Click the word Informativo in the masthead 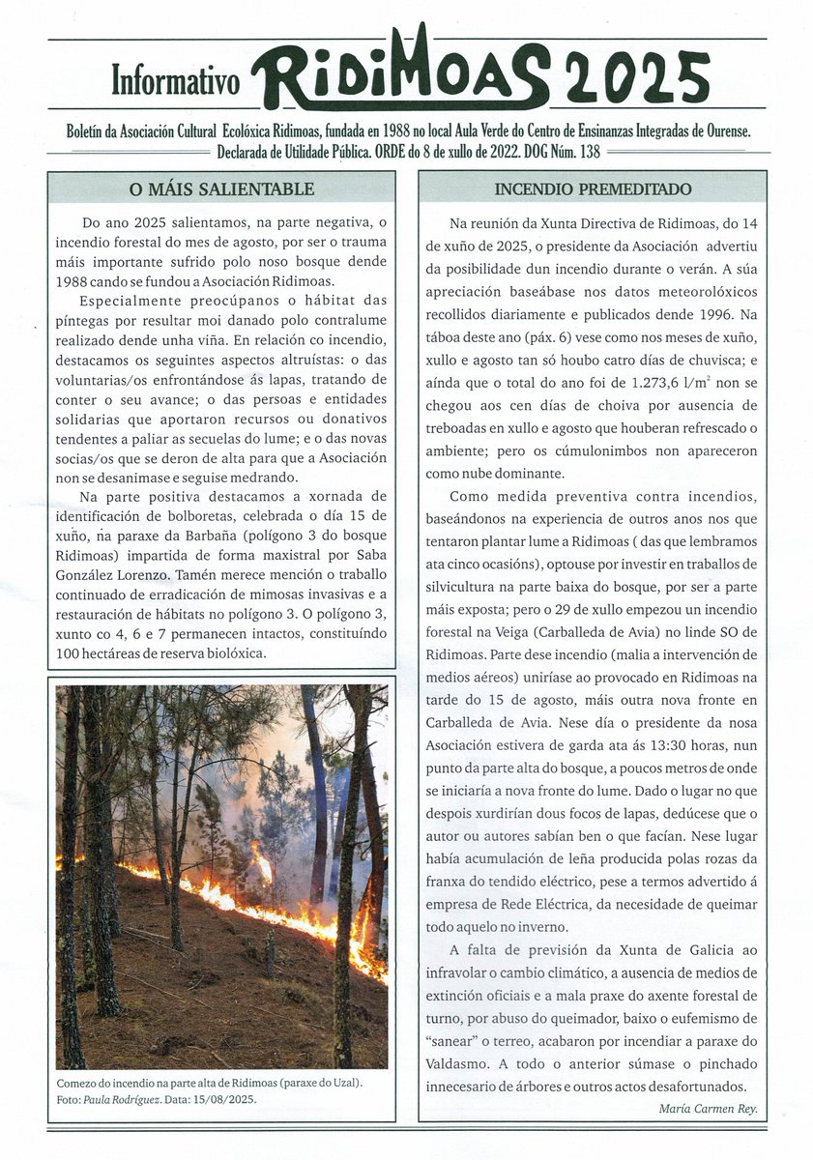pos(175,83)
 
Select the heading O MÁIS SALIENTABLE pos(222,188)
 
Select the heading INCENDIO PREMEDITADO pos(592,188)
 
